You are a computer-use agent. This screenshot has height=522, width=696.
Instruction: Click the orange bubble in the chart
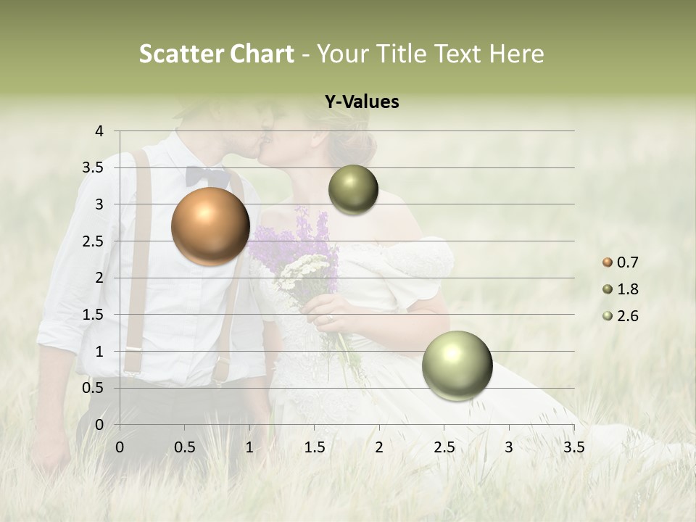[x=210, y=226]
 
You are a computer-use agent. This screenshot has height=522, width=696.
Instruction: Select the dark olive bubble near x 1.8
[x=353, y=190]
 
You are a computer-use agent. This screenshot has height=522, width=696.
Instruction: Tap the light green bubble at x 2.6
[x=457, y=365]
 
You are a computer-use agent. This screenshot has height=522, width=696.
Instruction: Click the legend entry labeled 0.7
[x=621, y=262]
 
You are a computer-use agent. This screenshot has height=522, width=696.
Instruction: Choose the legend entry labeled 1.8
[x=621, y=289]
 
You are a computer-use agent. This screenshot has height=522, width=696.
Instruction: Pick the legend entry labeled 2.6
[x=621, y=316]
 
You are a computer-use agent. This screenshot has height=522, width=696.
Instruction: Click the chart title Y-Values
[x=362, y=102]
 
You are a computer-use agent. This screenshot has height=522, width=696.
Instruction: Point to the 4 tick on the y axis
[x=99, y=131]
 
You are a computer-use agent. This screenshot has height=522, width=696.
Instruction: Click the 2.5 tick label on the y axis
[x=93, y=241]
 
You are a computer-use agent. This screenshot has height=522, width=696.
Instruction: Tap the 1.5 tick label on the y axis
[x=93, y=315]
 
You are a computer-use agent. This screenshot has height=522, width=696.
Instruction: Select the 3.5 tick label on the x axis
[x=573, y=447]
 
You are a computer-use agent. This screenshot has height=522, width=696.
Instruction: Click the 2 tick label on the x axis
[x=379, y=447]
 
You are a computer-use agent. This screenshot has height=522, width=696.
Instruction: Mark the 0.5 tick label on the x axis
[x=184, y=447]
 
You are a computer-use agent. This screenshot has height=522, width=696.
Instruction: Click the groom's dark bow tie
[x=207, y=176]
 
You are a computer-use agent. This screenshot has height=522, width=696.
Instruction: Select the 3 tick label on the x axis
[x=509, y=447]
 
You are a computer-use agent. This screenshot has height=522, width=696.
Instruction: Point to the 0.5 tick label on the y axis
[x=93, y=388]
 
